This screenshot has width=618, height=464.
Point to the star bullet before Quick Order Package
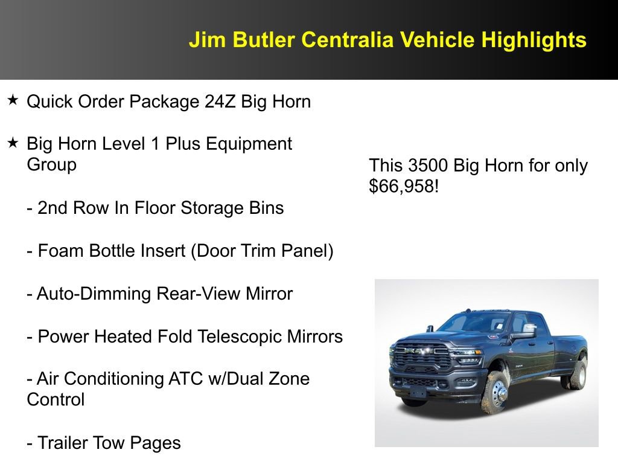tap(13, 100)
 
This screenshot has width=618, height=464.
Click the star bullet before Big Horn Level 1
tap(13, 143)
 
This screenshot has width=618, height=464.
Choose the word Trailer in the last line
tap(63, 443)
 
